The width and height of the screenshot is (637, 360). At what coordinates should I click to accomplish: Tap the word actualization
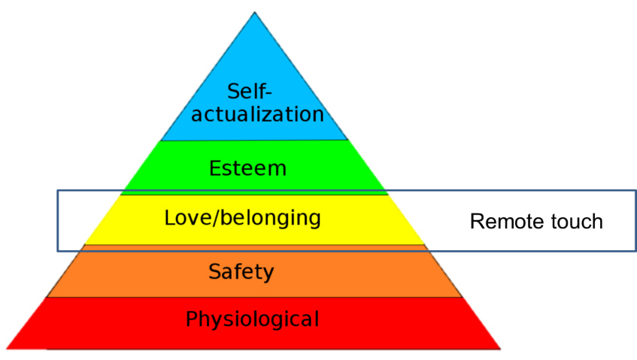pos(257,114)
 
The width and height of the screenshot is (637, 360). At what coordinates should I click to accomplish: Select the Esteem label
pos(247,168)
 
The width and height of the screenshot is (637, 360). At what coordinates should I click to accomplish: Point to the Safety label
pos(241,271)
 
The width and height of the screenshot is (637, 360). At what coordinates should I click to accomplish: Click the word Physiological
pos(252,319)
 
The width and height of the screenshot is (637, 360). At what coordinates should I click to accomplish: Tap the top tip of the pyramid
pos(255,14)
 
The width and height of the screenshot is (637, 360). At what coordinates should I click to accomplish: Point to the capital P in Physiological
pos(192,319)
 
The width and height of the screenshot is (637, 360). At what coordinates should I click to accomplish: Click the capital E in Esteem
pos(215,168)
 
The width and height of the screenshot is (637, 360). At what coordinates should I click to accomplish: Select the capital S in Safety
pos(215,271)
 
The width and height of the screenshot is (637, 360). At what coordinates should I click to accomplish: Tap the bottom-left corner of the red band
pos(7,349)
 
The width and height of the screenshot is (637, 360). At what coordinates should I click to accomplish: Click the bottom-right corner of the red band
pos(500,348)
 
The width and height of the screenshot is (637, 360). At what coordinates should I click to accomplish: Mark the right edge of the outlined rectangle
pos(635,220)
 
